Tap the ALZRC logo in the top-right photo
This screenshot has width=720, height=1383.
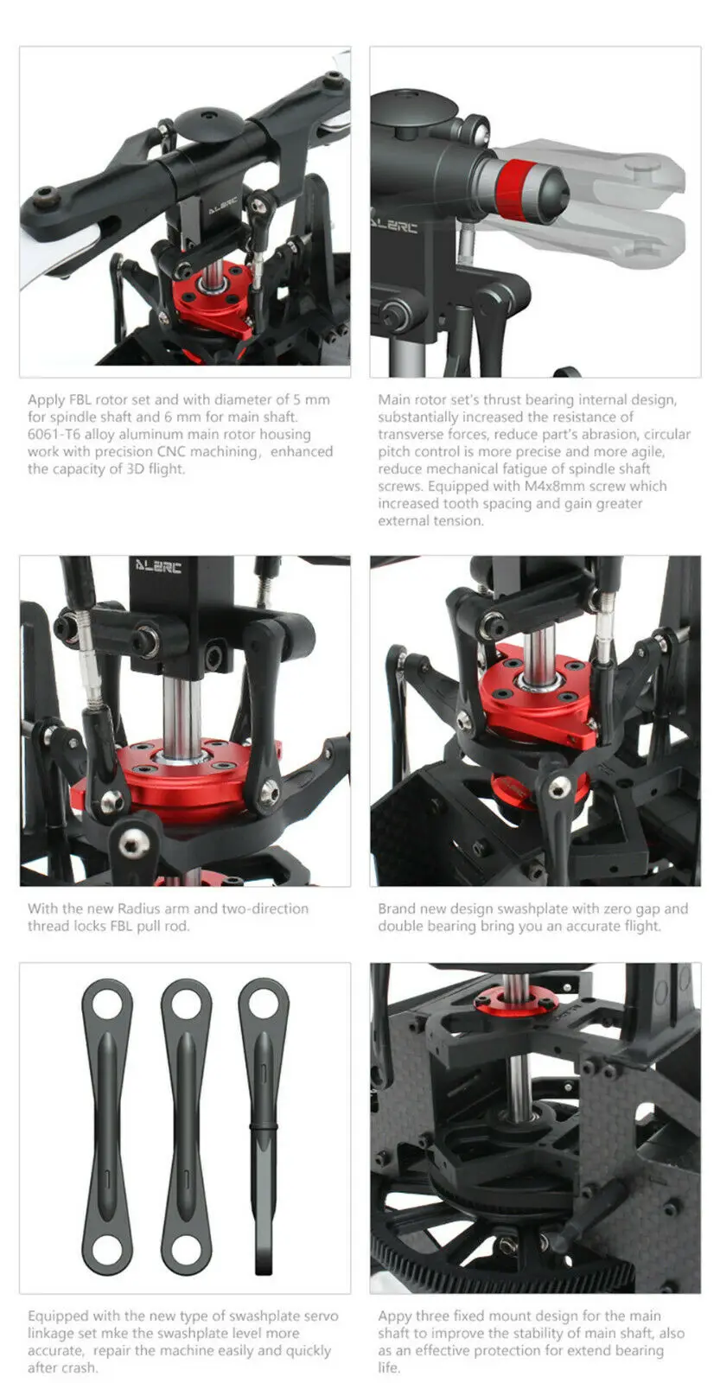click(395, 226)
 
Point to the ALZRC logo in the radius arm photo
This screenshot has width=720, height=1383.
click(158, 568)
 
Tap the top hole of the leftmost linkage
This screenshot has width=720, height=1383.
click(108, 1004)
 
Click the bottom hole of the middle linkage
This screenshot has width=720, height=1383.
click(188, 1251)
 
